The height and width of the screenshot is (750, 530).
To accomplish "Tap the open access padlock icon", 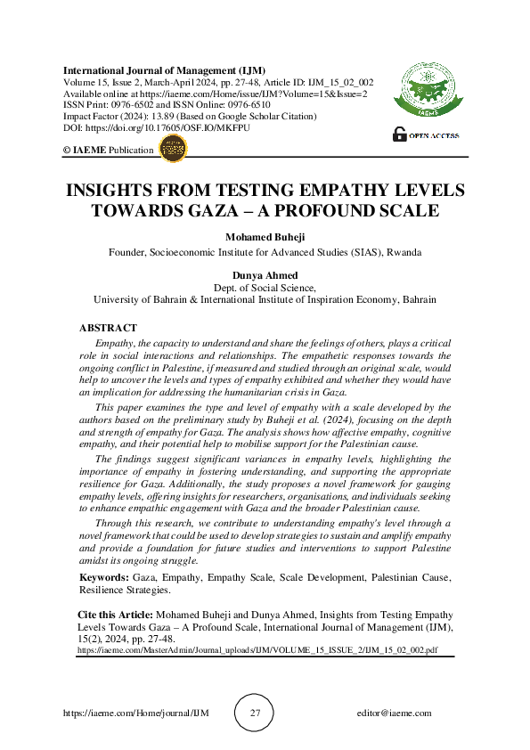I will [400, 135].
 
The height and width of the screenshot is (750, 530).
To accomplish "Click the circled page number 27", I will [256, 713].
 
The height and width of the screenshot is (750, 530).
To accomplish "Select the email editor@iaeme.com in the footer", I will [393, 713].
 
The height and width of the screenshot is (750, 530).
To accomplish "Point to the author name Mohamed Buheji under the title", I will [265, 237].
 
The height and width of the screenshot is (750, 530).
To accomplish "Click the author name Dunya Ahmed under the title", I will [265, 276].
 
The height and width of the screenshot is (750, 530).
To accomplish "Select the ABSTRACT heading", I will [108, 329].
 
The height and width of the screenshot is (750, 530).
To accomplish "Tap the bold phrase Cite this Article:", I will [116, 615].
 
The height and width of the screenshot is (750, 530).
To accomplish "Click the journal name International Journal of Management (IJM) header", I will [164, 69].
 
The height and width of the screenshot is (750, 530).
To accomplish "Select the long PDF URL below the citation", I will [257, 651].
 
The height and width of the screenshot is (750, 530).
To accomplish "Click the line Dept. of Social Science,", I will [265, 288].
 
